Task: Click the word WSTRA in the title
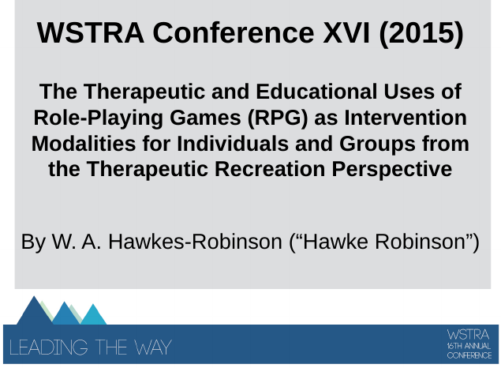[91, 32]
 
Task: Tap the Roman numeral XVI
[346, 32]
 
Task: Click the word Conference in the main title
[234, 32]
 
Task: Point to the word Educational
[316, 92]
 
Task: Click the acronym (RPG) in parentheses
[278, 118]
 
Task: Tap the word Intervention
[406, 118]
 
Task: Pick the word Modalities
[84, 144]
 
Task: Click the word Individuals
[233, 144]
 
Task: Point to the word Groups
[377, 145]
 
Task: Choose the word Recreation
[270, 169]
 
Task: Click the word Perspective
[392, 170]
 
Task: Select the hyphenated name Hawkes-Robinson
[195, 242]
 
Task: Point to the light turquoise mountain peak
[93, 316]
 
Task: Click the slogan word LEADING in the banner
[49, 347]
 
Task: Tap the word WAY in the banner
[153, 347]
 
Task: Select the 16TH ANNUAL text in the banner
[469, 346]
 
